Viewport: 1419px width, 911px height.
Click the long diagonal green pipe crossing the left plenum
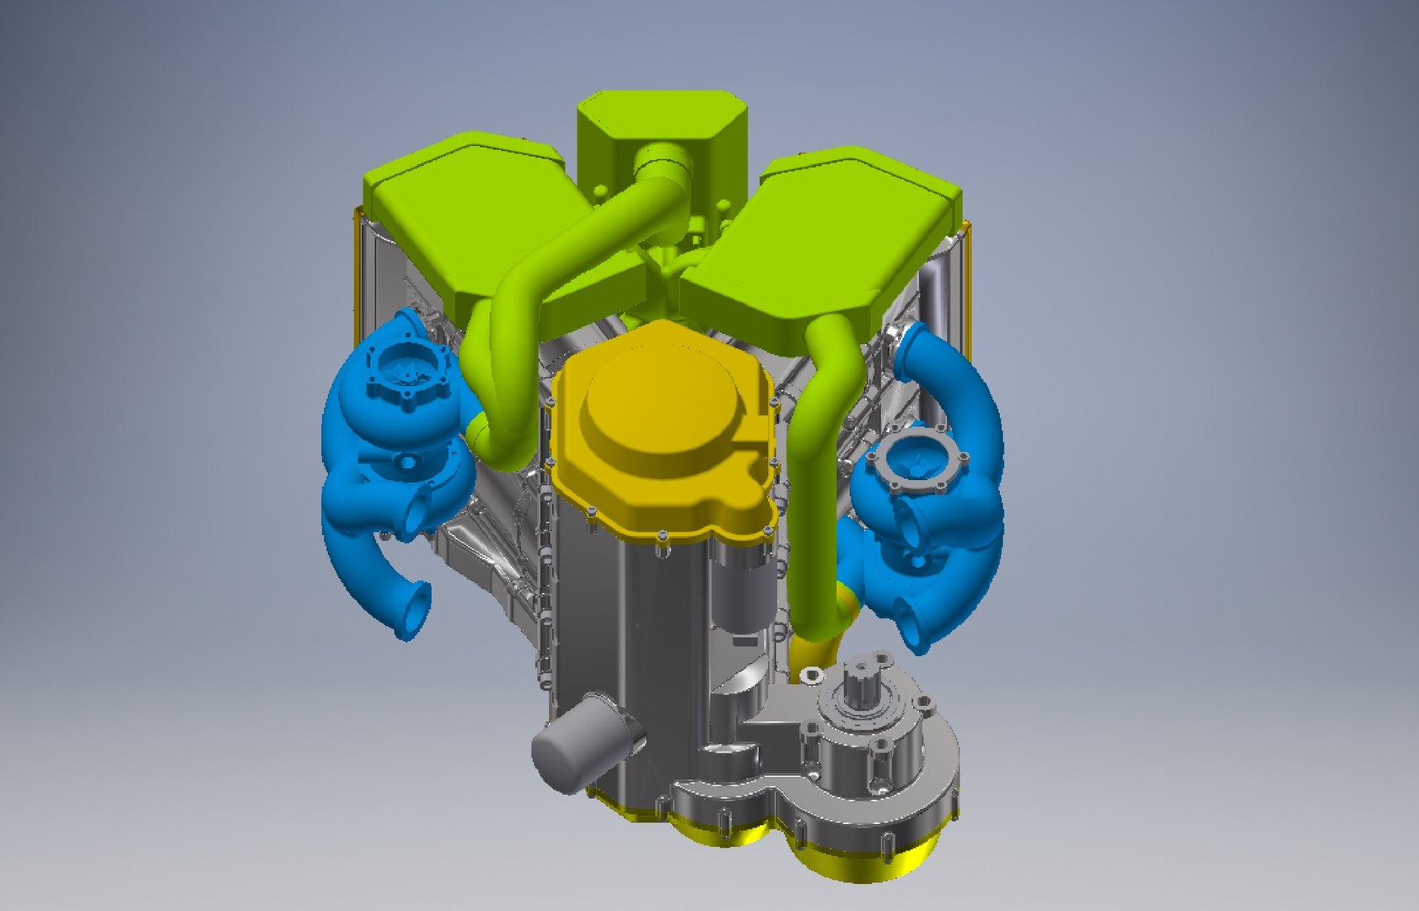(590, 236)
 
